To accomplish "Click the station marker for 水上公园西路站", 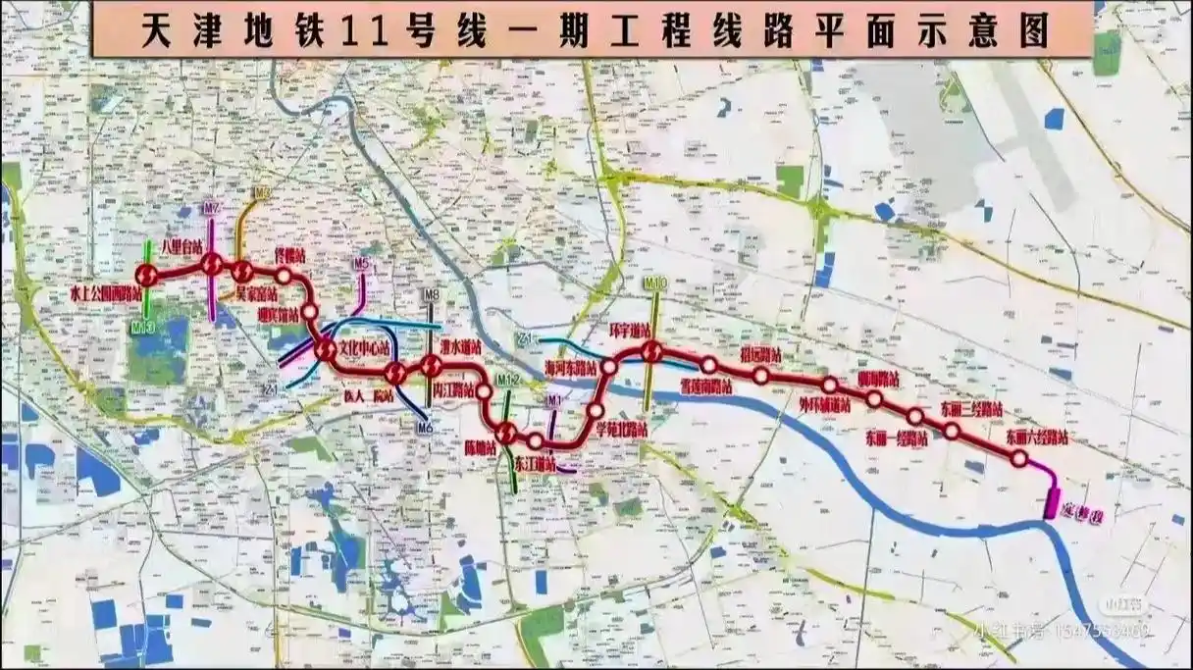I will pos(147,274).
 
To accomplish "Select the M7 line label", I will pos(212,209).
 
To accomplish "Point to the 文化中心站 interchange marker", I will pos(326,348).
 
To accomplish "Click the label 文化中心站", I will pos(365,348).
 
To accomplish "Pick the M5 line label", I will pos(362,263).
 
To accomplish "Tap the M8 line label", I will pos(432,294).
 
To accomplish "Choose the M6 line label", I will pos(425,427).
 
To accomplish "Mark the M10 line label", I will pos(655,283).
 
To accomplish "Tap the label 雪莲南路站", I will pos(707,386).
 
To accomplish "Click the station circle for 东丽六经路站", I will pos(1019,458).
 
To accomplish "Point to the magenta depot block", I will pos(1051,503).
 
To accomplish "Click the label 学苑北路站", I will pos(622,429).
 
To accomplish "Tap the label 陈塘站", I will pos(481,446).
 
